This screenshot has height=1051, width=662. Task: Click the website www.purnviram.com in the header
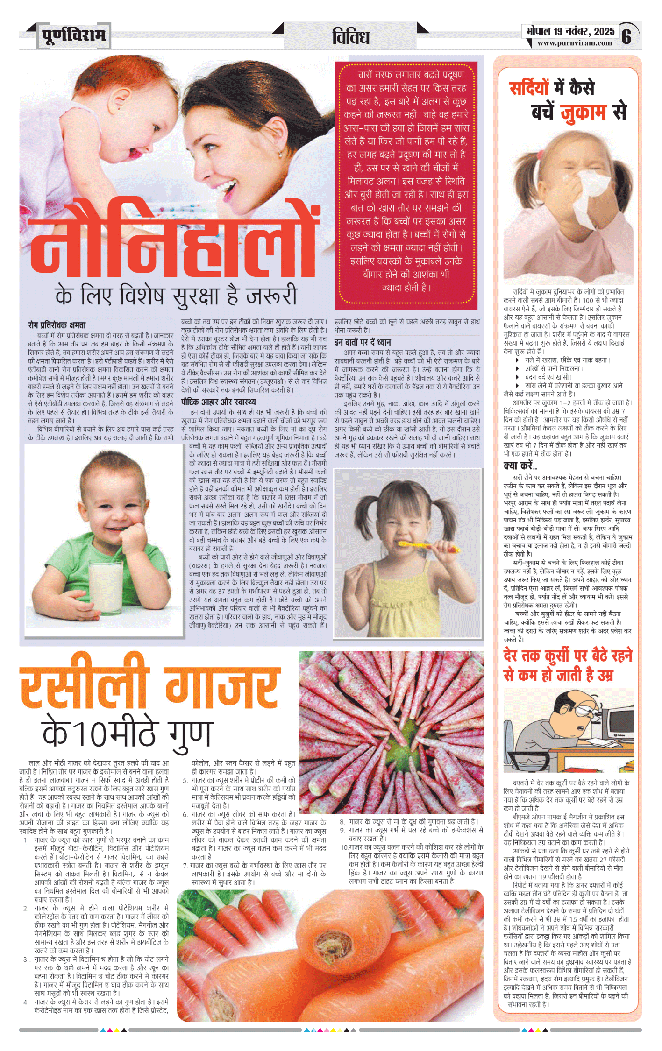tap(574, 43)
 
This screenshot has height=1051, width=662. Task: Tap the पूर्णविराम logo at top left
tap(74, 35)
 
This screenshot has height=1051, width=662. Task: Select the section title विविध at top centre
tap(351, 37)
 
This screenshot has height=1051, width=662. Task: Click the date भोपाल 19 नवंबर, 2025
tap(570, 31)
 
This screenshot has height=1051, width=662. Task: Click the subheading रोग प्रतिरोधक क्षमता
tap(57, 325)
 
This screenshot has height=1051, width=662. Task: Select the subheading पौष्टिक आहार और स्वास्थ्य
tap(218, 402)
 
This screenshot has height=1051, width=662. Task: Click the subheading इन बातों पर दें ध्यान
tap(363, 342)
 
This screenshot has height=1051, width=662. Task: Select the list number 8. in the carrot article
tap(342, 822)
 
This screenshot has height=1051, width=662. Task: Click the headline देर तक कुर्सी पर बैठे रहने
tap(567, 655)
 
